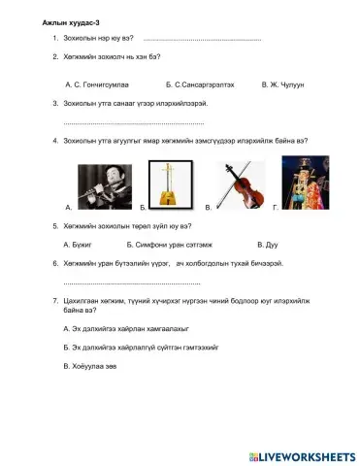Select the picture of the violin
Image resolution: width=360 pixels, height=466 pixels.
(x=239, y=183)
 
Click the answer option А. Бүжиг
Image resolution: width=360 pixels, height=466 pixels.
(x=77, y=244)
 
